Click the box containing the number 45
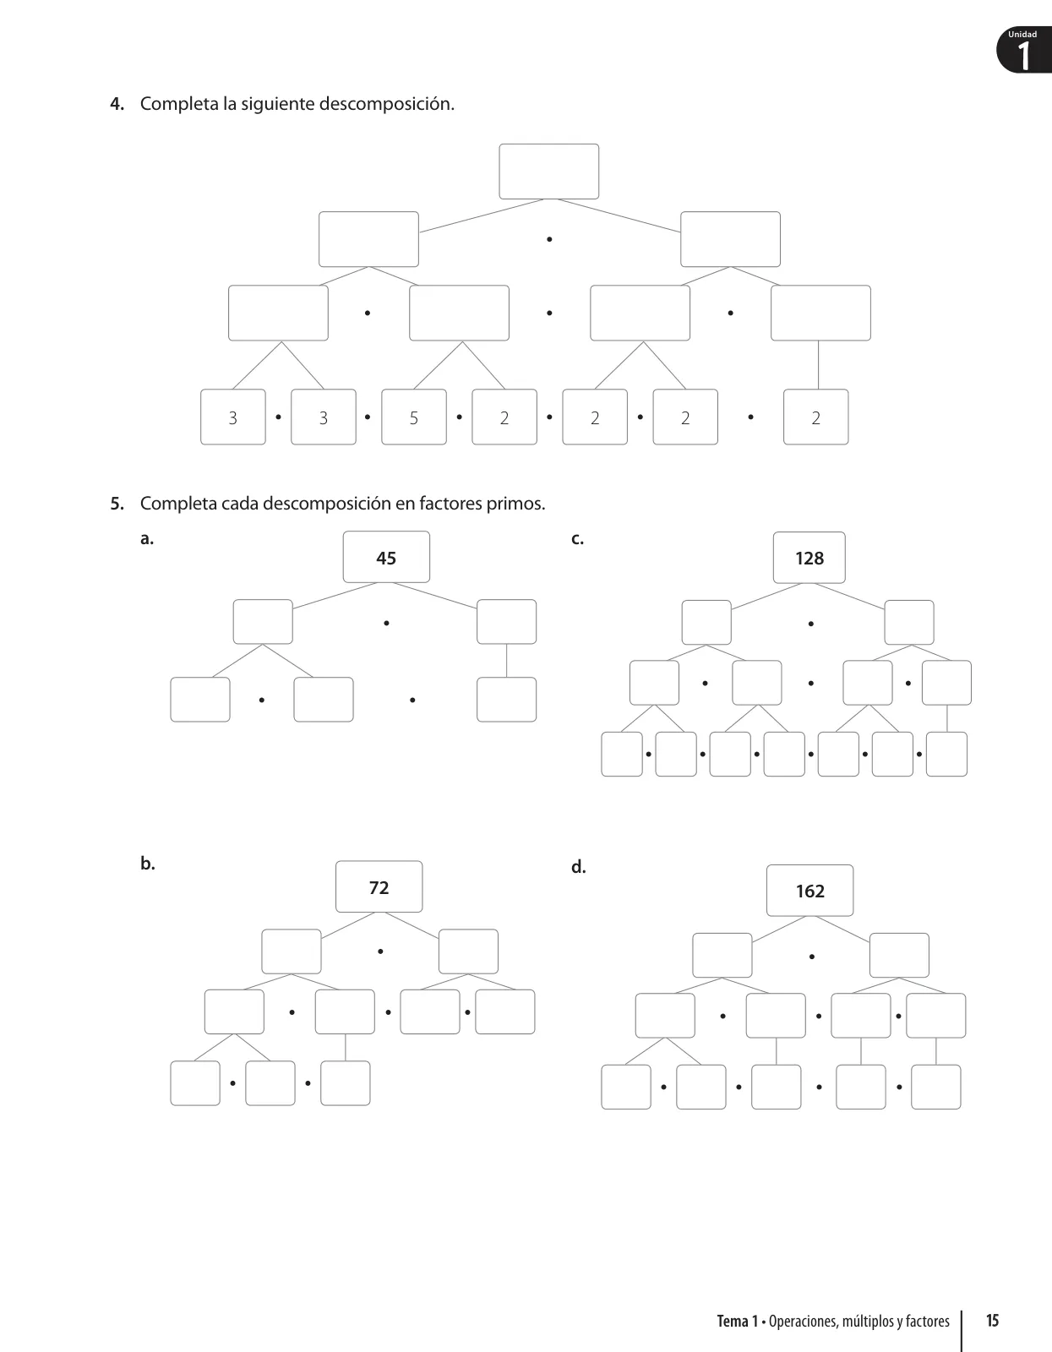point(386,557)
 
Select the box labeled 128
point(809,558)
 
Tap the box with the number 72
point(379,886)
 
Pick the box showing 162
point(810,891)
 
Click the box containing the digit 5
point(414,417)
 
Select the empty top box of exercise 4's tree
point(548,171)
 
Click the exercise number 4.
point(117,104)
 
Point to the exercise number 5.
point(117,504)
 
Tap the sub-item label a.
point(147,539)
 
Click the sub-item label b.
point(147,863)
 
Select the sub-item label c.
point(577,539)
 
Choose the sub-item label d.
point(579,867)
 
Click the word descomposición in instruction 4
point(386,104)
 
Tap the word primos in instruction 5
point(515,504)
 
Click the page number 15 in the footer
point(992,1320)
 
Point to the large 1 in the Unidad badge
point(1024,56)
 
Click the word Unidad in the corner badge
point(1022,34)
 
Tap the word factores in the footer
point(928,1321)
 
